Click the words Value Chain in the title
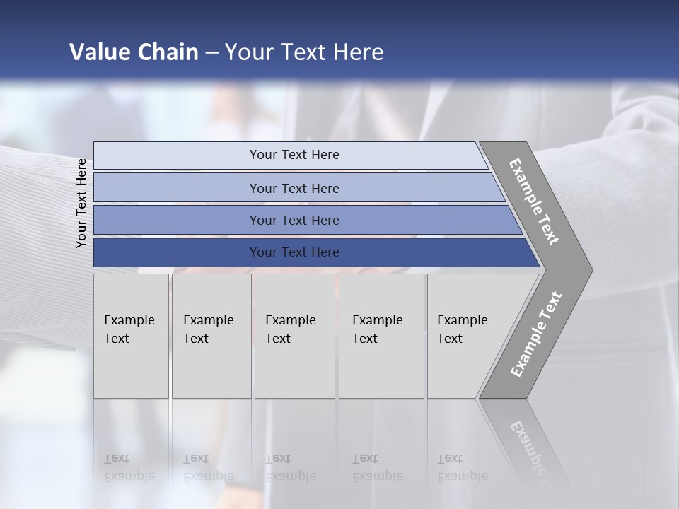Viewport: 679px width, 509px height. (x=134, y=52)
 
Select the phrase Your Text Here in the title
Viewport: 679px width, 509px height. (x=304, y=52)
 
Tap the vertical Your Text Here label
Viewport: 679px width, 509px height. (x=82, y=203)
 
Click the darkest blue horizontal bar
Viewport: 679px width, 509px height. (x=177, y=252)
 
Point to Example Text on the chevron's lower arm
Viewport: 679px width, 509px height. (x=535, y=334)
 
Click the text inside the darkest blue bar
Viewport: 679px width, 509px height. (x=294, y=252)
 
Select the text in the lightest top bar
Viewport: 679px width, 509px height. (x=294, y=155)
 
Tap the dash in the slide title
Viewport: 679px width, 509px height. (x=211, y=53)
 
